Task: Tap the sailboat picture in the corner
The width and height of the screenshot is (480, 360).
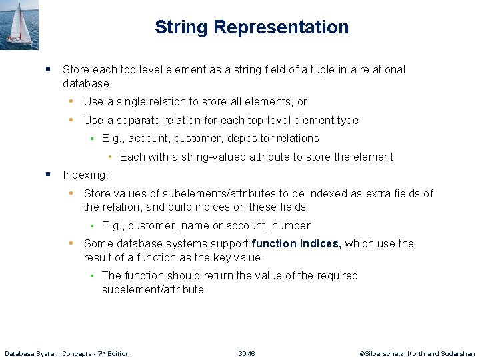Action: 19,24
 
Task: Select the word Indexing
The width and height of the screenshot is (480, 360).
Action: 85,175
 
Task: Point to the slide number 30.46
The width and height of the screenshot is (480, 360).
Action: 247,353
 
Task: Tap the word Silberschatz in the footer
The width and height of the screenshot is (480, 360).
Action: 390,353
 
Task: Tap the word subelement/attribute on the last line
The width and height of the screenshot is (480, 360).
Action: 153,289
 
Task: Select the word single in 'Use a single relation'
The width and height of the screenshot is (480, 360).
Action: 127,102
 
